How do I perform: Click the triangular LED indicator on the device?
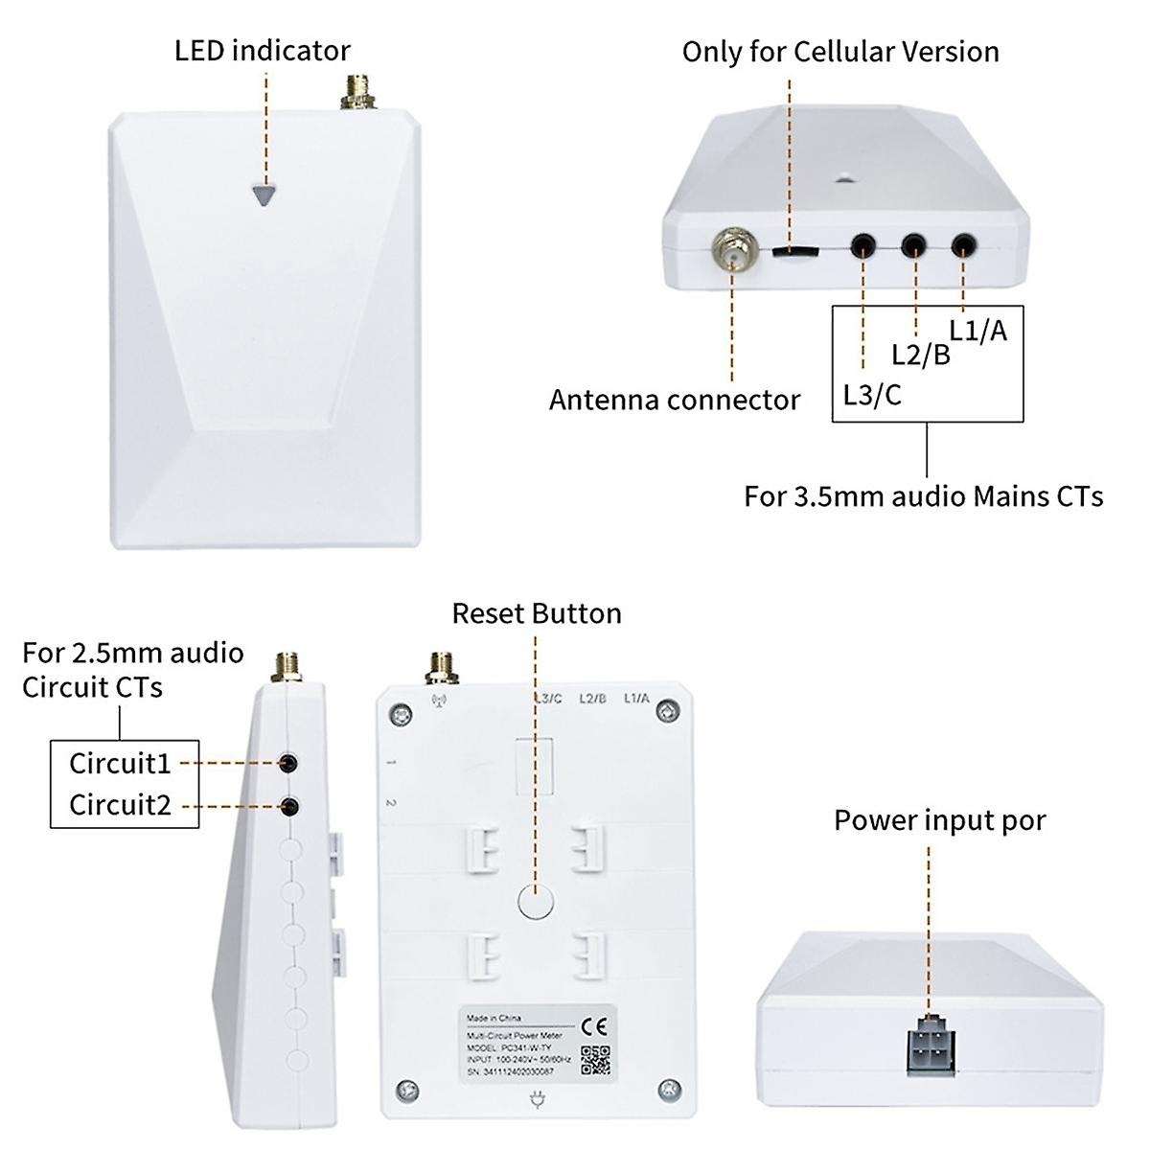coord(265,193)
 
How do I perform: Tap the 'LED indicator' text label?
coord(262,50)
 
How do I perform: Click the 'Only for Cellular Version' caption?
coord(839,51)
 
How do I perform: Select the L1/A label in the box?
coord(978,330)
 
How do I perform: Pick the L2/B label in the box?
coord(920,356)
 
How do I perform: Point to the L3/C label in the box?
coord(872,394)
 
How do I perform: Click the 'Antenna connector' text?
coord(674,399)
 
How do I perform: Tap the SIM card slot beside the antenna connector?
coord(794,252)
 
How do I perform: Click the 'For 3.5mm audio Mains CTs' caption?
coord(923,496)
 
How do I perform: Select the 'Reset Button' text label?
coord(536,612)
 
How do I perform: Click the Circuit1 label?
coord(120,764)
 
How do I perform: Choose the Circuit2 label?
coord(120,804)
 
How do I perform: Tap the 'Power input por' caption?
coord(939,820)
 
